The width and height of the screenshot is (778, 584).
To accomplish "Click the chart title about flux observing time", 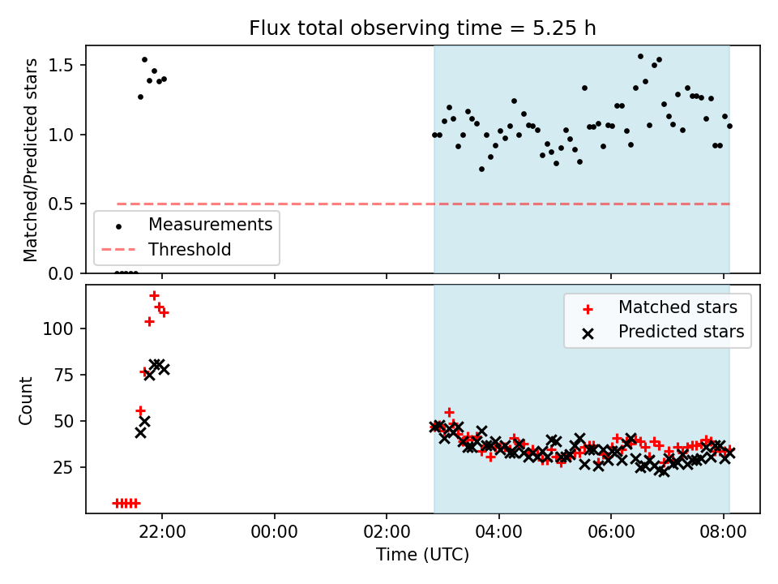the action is pyautogui.click(x=422, y=28).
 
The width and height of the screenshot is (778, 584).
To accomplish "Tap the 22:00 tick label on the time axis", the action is pyautogui.click(x=162, y=532).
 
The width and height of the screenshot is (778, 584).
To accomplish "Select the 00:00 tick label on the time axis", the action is pyautogui.click(x=275, y=532).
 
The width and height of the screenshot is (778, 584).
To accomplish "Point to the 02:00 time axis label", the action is pyautogui.click(x=387, y=532).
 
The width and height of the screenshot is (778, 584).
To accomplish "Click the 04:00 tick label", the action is pyautogui.click(x=498, y=532).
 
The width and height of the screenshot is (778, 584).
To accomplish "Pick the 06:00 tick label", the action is pyautogui.click(x=611, y=532).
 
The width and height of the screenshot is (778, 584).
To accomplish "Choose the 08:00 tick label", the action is pyautogui.click(x=723, y=532).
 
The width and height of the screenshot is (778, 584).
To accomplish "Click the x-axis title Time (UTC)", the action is pyautogui.click(x=422, y=555).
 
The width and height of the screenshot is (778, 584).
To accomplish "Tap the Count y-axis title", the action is pyautogui.click(x=25, y=401).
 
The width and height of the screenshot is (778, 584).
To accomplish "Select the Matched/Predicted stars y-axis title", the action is pyautogui.click(x=30, y=160).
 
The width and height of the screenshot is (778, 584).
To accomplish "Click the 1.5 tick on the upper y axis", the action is pyautogui.click(x=61, y=66).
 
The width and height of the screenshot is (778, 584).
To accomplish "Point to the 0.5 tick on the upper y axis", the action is pyautogui.click(x=61, y=204).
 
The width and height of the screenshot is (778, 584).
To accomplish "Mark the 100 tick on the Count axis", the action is pyautogui.click(x=58, y=328).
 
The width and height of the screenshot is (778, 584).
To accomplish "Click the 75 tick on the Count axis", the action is pyautogui.click(x=63, y=375).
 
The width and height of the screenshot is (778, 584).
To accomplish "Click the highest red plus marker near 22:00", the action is pyautogui.click(x=154, y=296).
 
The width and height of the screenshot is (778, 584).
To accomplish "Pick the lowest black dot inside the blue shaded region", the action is pyautogui.click(x=481, y=170).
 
